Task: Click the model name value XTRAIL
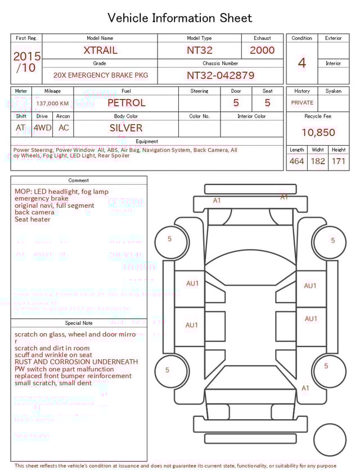(x=100, y=50)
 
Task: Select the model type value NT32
(x=199, y=50)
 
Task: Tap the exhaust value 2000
(x=262, y=50)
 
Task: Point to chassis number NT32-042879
(x=220, y=75)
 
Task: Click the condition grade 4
(x=302, y=62)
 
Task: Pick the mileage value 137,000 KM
(x=52, y=104)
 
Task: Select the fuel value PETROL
(x=126, y=103)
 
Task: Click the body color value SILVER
(x=126, y=128)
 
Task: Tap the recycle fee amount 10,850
(x=318, y=132)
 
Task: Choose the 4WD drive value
(x=42, y=128)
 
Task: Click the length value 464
(x=296, y=161)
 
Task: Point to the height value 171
(x=338, y=161)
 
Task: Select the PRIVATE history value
(x=302, y=102)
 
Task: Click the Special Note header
(x=79, y=323)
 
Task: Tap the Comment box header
(x=79, y=181)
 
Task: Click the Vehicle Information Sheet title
(x=180, y=18)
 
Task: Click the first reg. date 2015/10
(x=26, y=62)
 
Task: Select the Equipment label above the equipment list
(x=147, y=142)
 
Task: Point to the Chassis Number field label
(x=220, y=64)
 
